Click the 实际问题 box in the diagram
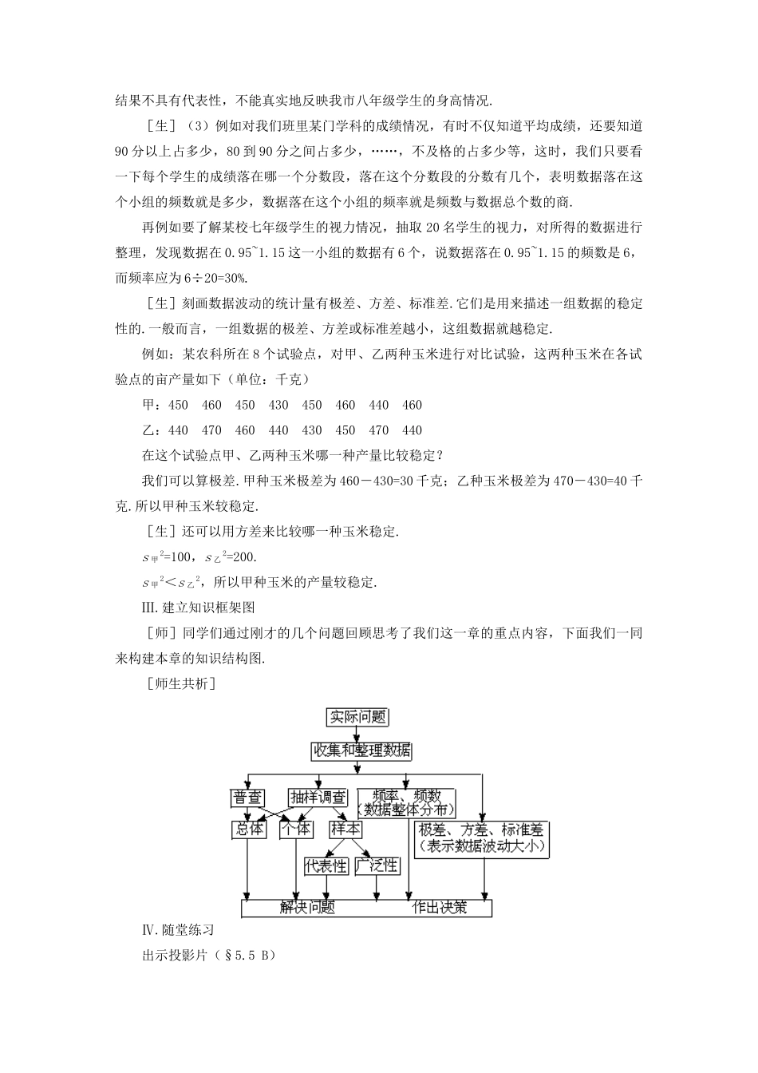coord(358,717)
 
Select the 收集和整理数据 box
coord(361,750)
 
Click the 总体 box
coord(247,829)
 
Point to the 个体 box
coord(295,829)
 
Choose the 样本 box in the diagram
coord(345,829)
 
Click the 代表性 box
coord(326,865)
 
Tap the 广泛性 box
coord(377,865)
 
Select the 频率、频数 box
coord(407,802)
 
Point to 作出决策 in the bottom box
coord(439,908)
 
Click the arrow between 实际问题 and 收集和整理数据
coord(358,734)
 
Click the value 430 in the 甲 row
coord(278,405)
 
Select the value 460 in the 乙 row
coord(245,430)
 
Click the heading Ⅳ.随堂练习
coord(177,930)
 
